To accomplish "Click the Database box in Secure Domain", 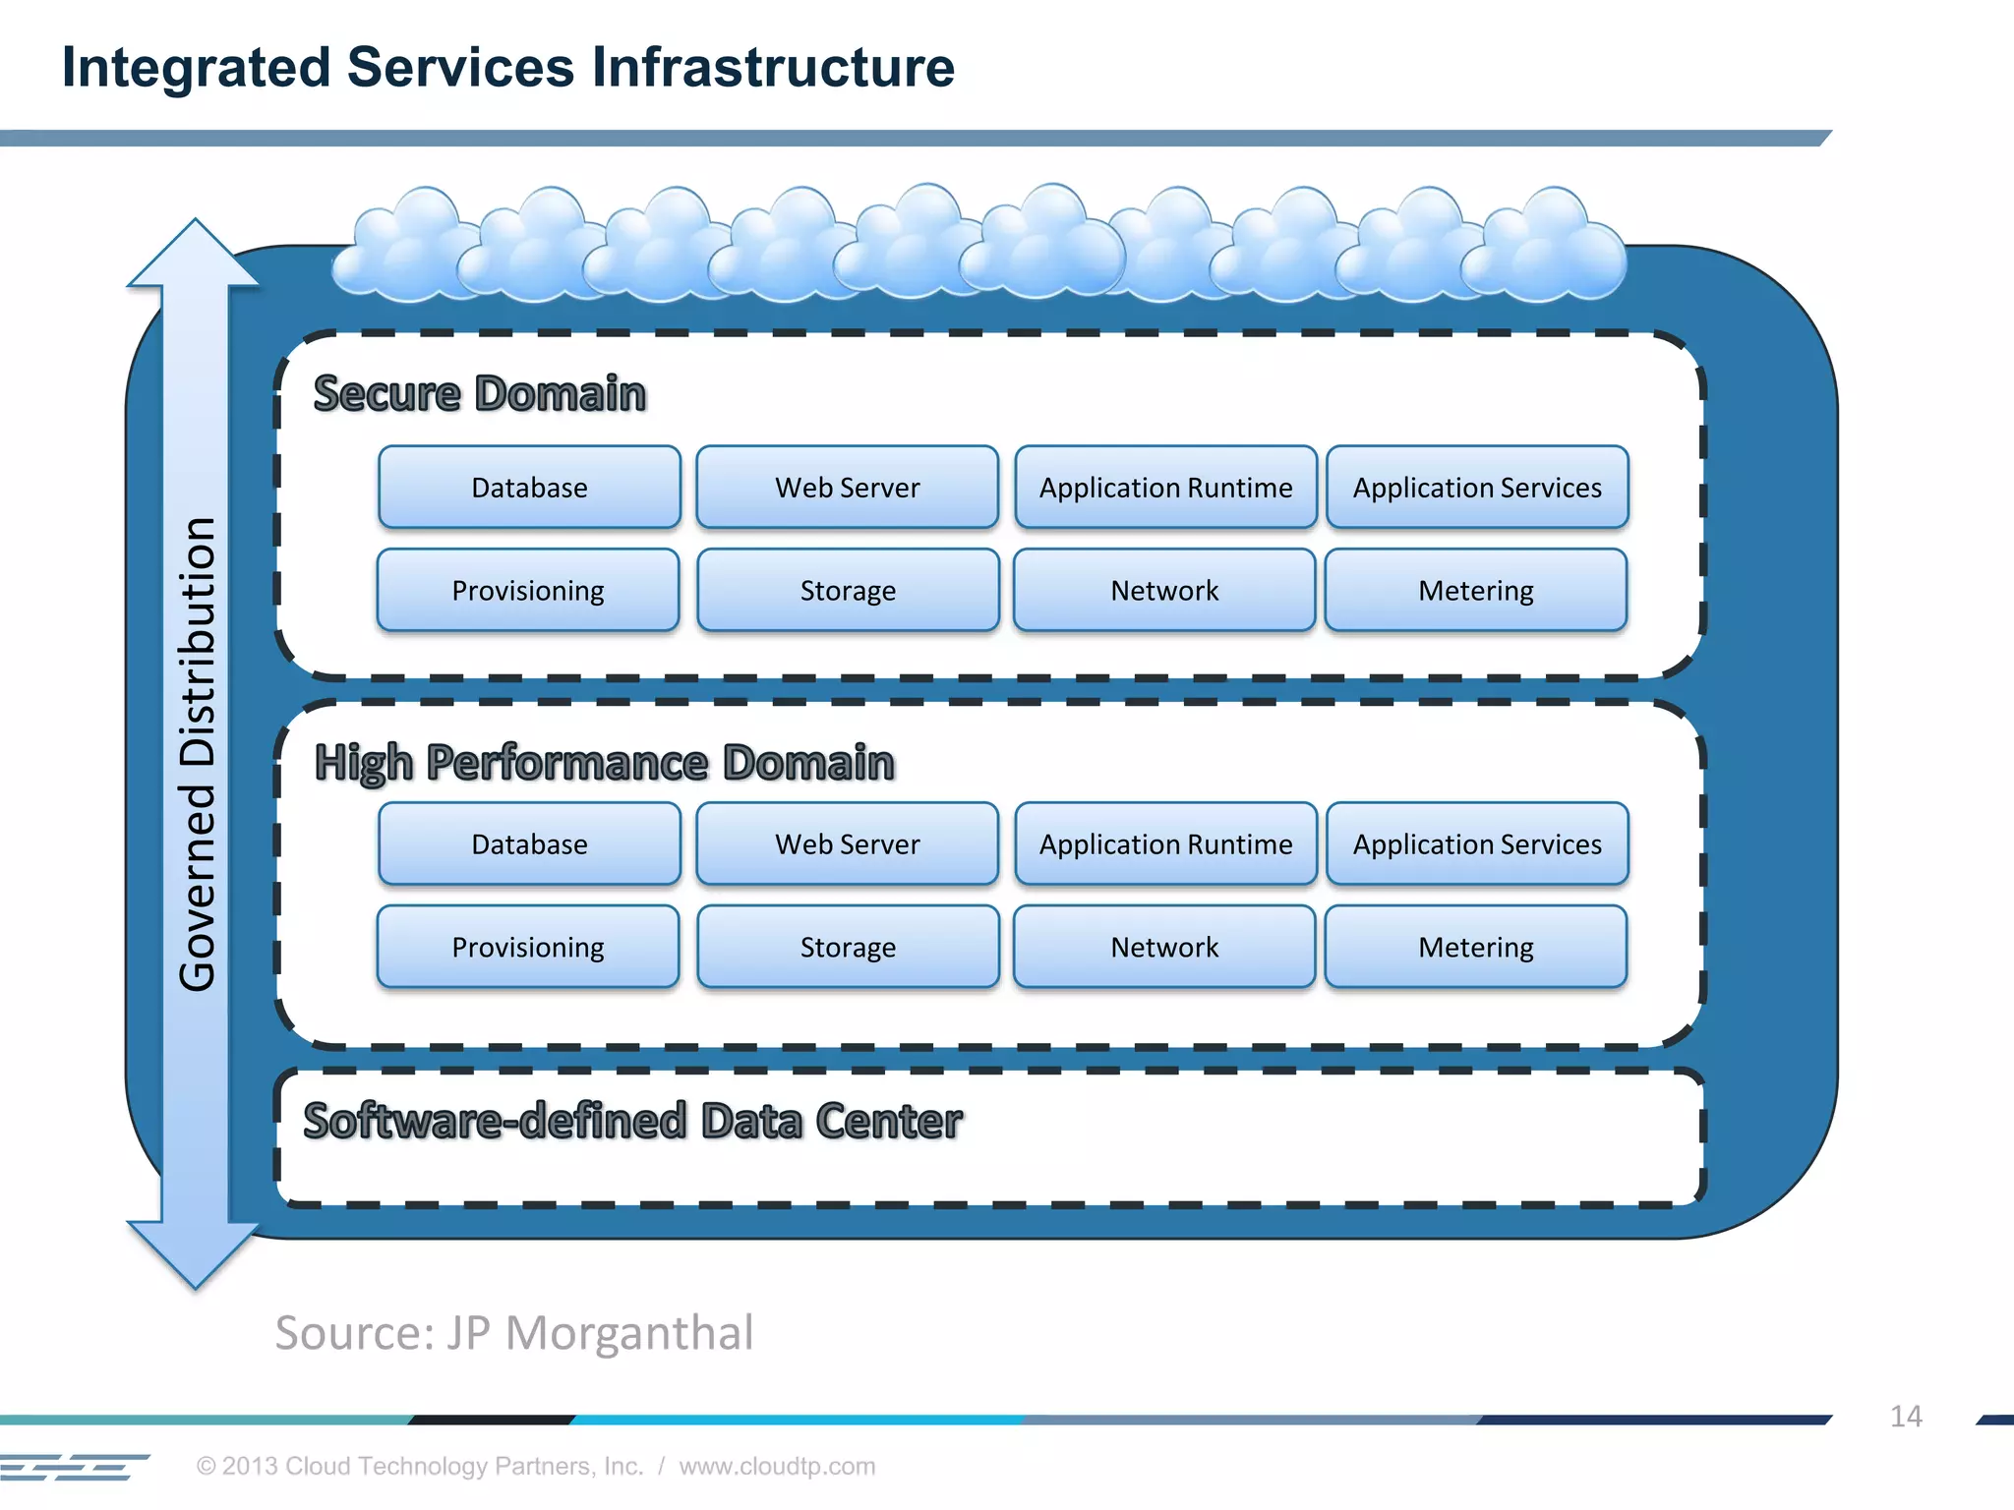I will tap(529, 488).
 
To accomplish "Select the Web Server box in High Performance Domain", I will tap(847, 844).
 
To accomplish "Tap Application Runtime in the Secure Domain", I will tap(1165, 488).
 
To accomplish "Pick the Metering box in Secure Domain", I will tap(1475, 591).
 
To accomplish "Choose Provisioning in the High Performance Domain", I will tap(528, 948).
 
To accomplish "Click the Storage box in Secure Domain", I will tap(848, 591).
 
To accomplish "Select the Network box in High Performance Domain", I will tap(1164, 948).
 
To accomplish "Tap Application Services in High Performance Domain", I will tap(1477, 844).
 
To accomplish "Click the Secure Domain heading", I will tap(480, 394).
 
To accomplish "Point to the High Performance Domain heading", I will tap(604, 764).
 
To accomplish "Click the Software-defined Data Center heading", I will tap(632, 1122).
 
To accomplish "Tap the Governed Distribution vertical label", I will tap(198, 754).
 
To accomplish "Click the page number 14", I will tap(1905, 1417).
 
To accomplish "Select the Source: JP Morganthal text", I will tap(513, 1334).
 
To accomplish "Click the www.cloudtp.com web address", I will tap(777, 1466).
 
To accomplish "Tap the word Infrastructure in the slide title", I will tap(772, 68).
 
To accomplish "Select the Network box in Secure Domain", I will tap(1164, 591).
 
